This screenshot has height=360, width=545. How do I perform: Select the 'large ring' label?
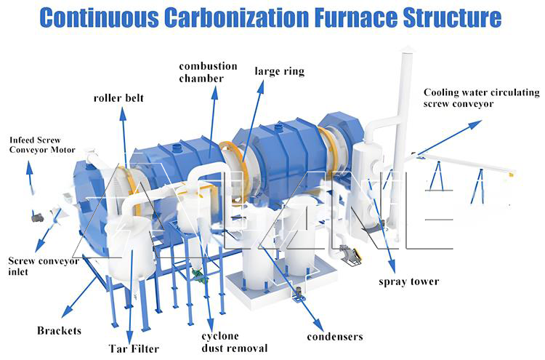(x=279, y=71)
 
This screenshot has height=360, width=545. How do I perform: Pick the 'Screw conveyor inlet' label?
(x=43, y=266)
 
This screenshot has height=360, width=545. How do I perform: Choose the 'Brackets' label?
(x=59, y=331)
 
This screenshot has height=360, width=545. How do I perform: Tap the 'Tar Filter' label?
(x=134, y=348)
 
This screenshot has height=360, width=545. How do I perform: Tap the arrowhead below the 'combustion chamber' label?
(x=215, y=90)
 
